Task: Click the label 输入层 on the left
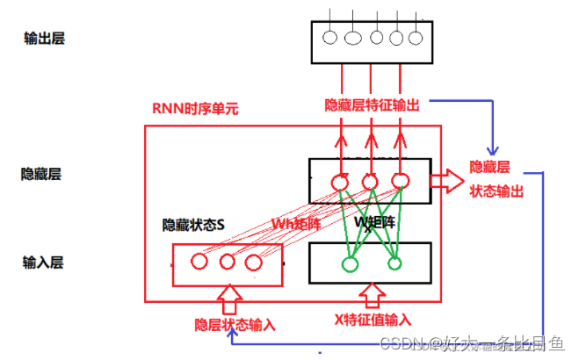42,261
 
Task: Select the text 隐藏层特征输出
372,104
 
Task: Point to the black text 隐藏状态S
193,225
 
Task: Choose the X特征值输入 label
373,320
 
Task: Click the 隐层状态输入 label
235,324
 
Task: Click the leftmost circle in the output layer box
330,38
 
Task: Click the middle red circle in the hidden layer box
370,182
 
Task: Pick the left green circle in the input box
350,261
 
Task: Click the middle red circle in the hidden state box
227,261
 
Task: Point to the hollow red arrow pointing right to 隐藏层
447,181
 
